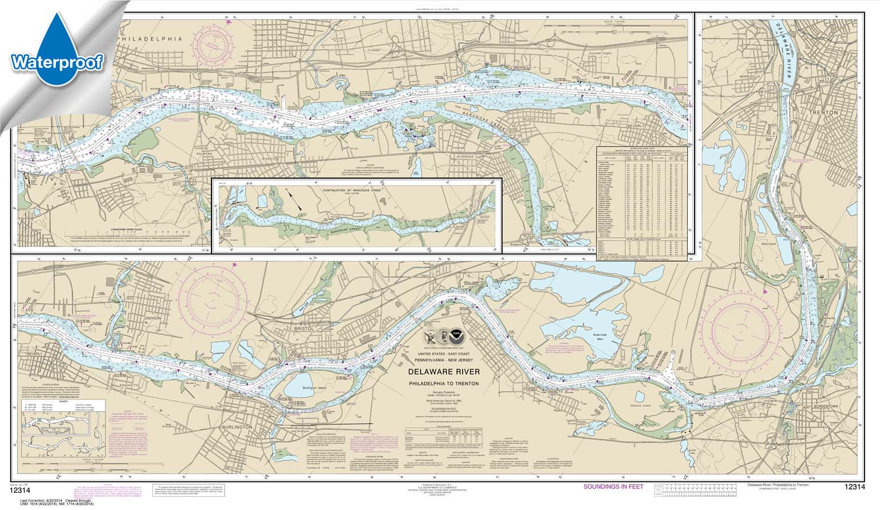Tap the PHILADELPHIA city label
point(149,39)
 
